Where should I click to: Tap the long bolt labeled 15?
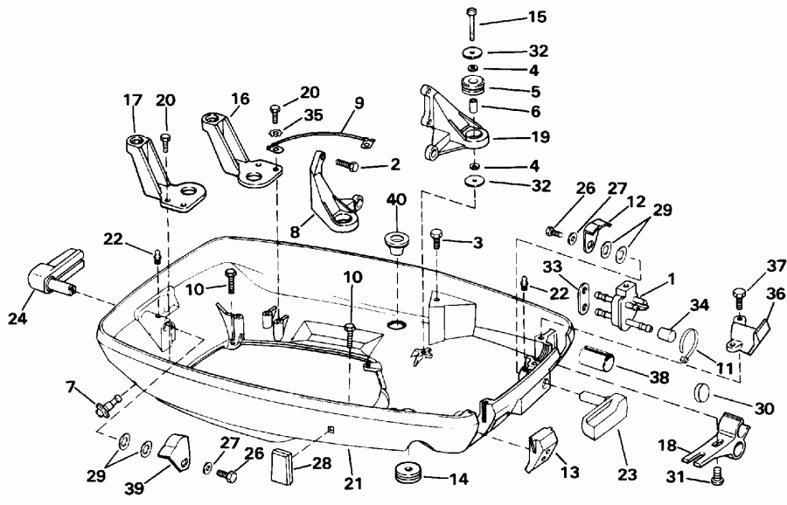tap(473, 22)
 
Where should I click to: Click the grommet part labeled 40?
tap(396, 241)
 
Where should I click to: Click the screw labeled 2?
tap(342, 163)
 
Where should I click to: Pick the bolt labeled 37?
tap(738, 298)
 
